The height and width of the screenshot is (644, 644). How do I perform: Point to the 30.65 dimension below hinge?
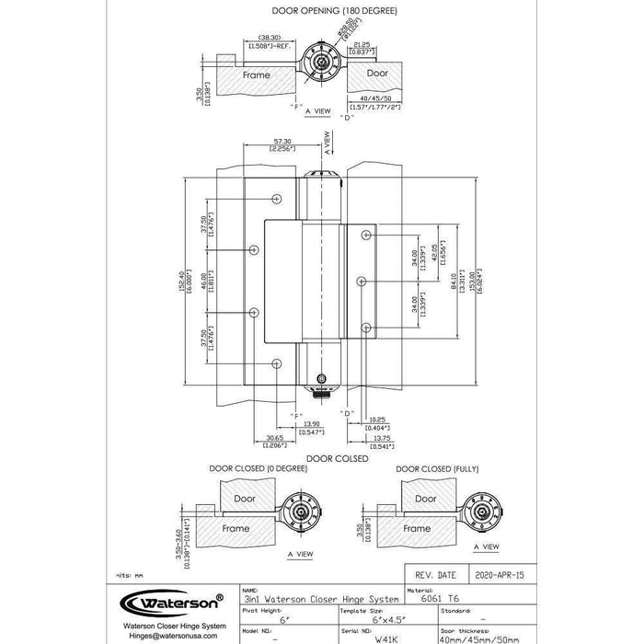[x=274, y=438]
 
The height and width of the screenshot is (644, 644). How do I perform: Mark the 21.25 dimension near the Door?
[x=362, y=42]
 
